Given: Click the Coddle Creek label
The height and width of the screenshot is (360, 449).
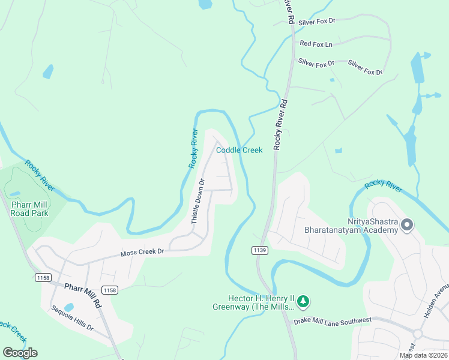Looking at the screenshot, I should coord(239,150).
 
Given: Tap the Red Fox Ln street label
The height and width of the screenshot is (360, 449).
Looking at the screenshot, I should coord(316,44).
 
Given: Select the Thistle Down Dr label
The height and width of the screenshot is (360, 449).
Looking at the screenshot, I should coord(198,201).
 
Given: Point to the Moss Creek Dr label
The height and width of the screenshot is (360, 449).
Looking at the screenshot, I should coord(143,253).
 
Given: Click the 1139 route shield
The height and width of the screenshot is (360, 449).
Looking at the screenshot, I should coord(259,250).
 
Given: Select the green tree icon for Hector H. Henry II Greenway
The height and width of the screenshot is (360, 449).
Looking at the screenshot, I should coord(304,300).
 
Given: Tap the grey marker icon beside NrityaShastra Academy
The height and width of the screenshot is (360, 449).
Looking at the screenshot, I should coord(407,226).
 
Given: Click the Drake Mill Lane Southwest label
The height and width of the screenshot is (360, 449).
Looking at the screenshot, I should coord(333,321).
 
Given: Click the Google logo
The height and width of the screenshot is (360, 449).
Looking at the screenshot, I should coord(19,352).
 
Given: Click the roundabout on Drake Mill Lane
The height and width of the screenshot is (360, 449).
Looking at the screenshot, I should coord(418,333).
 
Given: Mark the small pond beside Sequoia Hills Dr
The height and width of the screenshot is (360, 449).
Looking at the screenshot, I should coord(69,307).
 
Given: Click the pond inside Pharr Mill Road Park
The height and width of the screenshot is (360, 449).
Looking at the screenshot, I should coord(15,194).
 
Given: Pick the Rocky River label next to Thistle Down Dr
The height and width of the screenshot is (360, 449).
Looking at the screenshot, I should coord(193,148).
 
